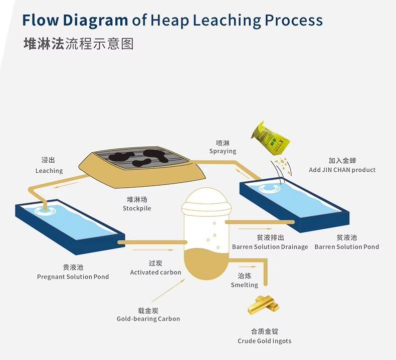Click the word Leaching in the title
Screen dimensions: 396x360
[227, 21]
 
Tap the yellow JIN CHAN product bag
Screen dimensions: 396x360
[270, 138]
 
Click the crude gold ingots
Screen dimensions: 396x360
[263, 305]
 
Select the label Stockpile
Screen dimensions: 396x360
[137, 208]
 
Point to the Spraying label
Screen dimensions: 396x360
[223, 151]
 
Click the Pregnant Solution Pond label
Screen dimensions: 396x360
[73, 277]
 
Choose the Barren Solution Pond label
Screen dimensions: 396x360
[347, 247]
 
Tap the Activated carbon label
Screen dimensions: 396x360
[155, 272]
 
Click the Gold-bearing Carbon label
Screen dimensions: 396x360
[148, 319]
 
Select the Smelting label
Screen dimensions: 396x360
[245, 285]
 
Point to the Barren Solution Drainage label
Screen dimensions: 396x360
[270, 247]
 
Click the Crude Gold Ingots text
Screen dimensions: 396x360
[265, 341]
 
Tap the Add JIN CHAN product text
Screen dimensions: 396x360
[342, 170]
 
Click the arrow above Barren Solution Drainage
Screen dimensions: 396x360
[252, 229]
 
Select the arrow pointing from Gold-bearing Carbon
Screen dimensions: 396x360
[168, 290]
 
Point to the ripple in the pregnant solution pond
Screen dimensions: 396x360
[46, 210]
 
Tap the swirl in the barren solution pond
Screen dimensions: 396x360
[270, 188]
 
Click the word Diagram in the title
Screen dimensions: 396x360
[95, 21]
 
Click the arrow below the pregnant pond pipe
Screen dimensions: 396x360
[153, 250]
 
